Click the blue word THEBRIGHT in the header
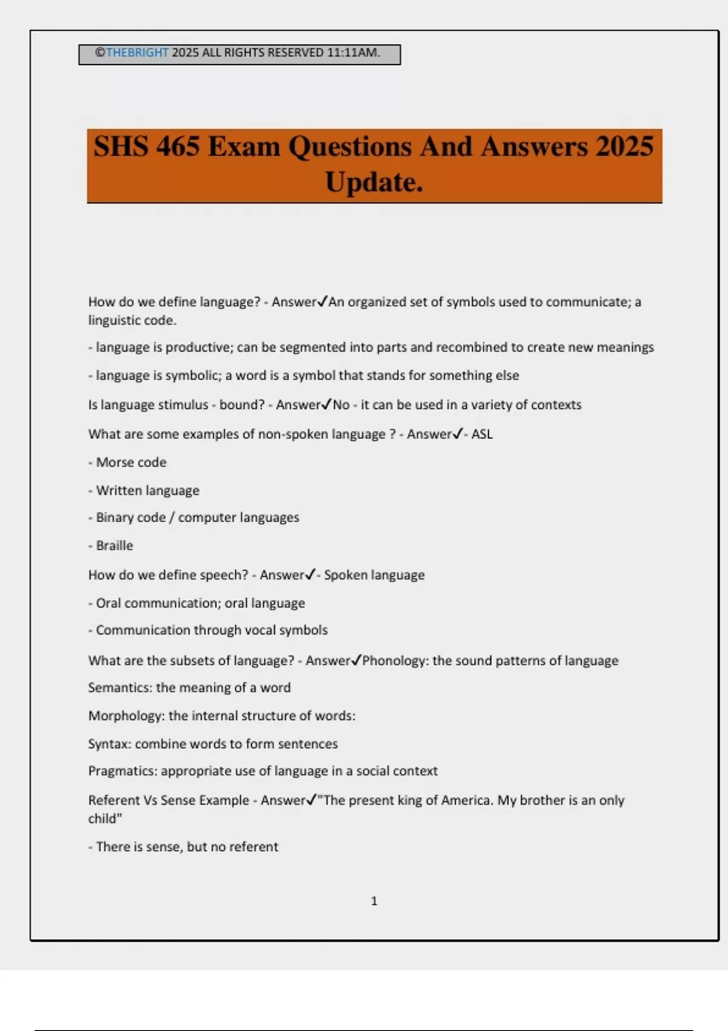coord(137,53)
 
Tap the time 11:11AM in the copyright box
coord(353,53)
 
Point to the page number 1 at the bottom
coord(374,901)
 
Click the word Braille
coord(114,546)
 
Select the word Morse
coord(114,463)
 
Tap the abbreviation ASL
coord(482,434)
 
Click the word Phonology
coord(395,660)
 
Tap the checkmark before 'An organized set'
coord(323,301)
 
